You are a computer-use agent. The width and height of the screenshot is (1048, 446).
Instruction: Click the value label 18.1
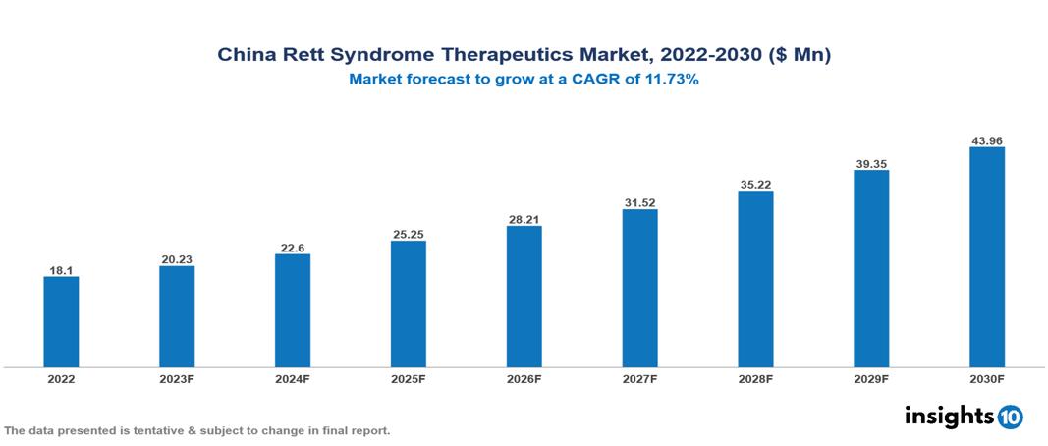coord(61,268)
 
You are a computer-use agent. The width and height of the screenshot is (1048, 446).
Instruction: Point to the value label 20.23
coord(177,258)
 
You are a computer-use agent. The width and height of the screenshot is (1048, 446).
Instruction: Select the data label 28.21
coord(524,218)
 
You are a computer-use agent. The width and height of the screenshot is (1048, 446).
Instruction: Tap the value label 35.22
coord(755,183)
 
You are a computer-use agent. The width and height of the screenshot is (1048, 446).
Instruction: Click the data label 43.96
coord(987,139)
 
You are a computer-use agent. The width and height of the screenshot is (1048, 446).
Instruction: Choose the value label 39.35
coord(871,162)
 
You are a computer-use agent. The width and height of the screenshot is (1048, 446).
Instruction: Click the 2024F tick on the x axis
coord(293,378)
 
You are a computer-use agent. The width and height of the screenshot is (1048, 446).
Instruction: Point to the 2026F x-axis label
coord(524,378)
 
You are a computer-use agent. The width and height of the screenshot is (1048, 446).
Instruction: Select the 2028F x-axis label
coord(755,378)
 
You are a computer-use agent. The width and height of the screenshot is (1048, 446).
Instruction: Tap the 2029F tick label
coord(871,378)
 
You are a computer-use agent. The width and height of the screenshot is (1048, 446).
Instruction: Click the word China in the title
coord(246,56)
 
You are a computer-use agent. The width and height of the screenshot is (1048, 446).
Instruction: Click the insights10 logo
coord(964,416)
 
